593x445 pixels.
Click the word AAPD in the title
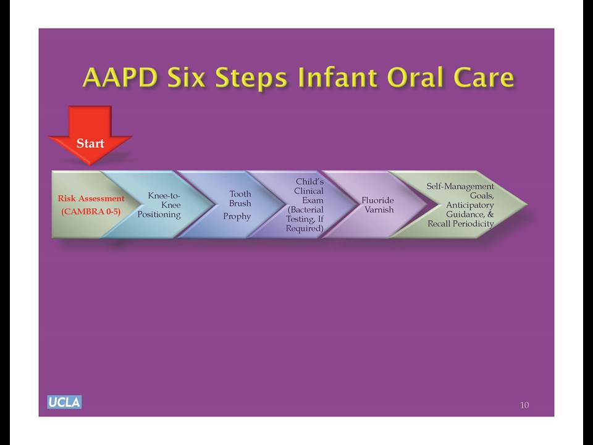click(x=120, y=77)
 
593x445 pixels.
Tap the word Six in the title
click(x=187, y=77)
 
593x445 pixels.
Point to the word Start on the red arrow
click(x=90, y=143)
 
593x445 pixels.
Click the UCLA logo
click(x=64, y=402)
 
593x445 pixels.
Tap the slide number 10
click(x=524, y=405)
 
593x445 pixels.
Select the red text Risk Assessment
click(x=91, y=198)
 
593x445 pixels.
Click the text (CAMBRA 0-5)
click(x=91, y=211)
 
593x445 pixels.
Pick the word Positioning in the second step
click(x=159, y=214)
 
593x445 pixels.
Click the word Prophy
click(x=237, y=216)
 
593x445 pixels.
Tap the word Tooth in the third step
click(x=240, y=193)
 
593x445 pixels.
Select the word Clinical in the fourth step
click(x=309, y=191)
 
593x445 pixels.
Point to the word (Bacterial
click(x=306, y=210)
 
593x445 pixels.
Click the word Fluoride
click(x=377, y=200)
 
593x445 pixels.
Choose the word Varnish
click(x=379, y=210)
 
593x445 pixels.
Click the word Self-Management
click(x=460, y=187)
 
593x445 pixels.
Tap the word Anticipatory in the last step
click(x=469, y=205)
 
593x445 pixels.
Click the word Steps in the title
click(x=251, y=78)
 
